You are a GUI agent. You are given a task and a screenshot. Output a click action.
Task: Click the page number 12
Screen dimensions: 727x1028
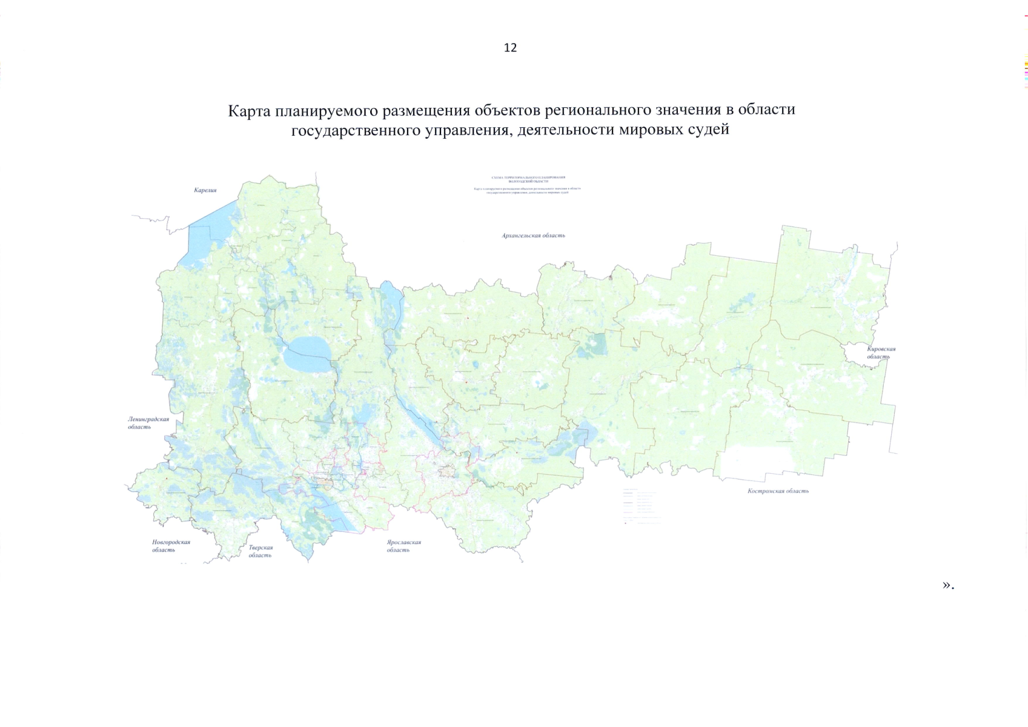tap(510, 48)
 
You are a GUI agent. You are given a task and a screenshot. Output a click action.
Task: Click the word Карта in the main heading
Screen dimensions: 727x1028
tap(249, 111)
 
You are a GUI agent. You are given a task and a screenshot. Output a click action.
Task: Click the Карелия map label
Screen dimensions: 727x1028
tap(205, 190)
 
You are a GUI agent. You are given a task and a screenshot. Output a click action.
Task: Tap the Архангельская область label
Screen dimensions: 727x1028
tap(533, 235)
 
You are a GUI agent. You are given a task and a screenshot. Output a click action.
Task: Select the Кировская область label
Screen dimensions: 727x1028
tap(881, 353)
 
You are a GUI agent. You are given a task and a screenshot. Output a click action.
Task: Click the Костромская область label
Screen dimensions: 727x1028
tap(778, 491)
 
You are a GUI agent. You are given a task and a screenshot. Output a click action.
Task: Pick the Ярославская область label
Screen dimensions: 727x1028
tap(403, 546)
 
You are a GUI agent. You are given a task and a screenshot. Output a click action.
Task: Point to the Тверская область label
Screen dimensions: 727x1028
tap(260, 551)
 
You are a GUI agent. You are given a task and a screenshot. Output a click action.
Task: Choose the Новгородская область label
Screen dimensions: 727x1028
tap(171, 546)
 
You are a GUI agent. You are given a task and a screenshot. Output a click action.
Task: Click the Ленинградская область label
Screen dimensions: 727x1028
tap(148, 422)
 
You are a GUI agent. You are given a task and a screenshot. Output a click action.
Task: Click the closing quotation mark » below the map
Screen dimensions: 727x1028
tap(946, 585)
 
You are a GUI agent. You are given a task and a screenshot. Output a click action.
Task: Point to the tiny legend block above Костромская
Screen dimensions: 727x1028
tap(641, 506)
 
